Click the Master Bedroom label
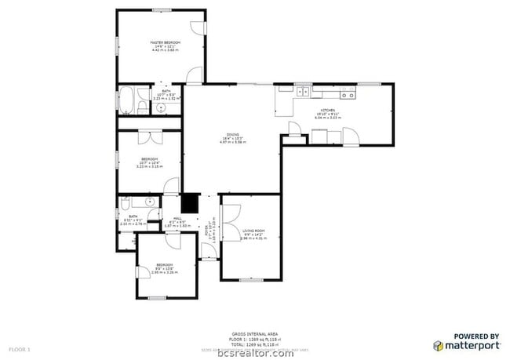(x=165, y=42)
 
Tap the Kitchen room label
(x=327, y=111)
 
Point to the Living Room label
(x=253, y=231)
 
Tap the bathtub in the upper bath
(x=126, y=100)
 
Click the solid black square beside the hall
(x=191, y=204)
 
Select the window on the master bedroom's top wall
(x=162, y=9)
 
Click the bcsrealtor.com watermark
(x=255, y=352)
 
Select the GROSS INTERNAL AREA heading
(x=255, y=333)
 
